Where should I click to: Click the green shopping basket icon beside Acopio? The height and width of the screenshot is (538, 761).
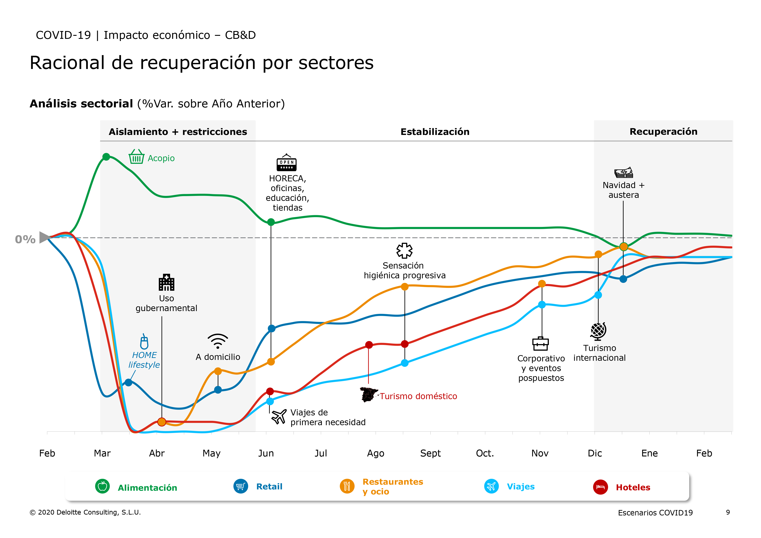[136, 157]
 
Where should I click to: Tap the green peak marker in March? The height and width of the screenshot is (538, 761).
[106, 157]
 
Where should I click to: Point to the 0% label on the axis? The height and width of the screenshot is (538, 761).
[25, 239]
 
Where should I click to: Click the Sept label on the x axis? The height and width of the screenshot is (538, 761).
[430, 453]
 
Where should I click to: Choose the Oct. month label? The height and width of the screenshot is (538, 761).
[485, 453]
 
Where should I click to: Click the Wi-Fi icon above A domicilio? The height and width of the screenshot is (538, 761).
[218, 341]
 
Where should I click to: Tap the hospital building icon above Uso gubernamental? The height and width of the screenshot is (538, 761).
[166, 282]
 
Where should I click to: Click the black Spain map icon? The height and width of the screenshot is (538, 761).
[369, 394]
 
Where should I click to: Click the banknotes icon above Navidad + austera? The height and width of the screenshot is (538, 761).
[623, 173]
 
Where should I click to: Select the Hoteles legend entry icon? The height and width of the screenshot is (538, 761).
[600, 487]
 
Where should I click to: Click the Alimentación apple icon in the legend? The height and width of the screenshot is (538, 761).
[102, 486]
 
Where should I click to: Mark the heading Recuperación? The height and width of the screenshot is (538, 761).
[663, 132]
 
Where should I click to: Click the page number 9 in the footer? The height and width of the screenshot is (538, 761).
[728, 512]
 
